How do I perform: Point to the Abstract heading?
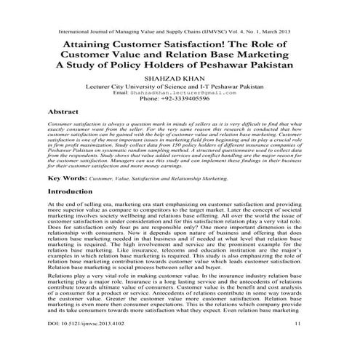(63, 113)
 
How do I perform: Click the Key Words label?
(69, 177)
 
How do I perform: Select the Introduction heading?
(74, 192)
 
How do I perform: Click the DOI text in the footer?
(92, 342)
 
